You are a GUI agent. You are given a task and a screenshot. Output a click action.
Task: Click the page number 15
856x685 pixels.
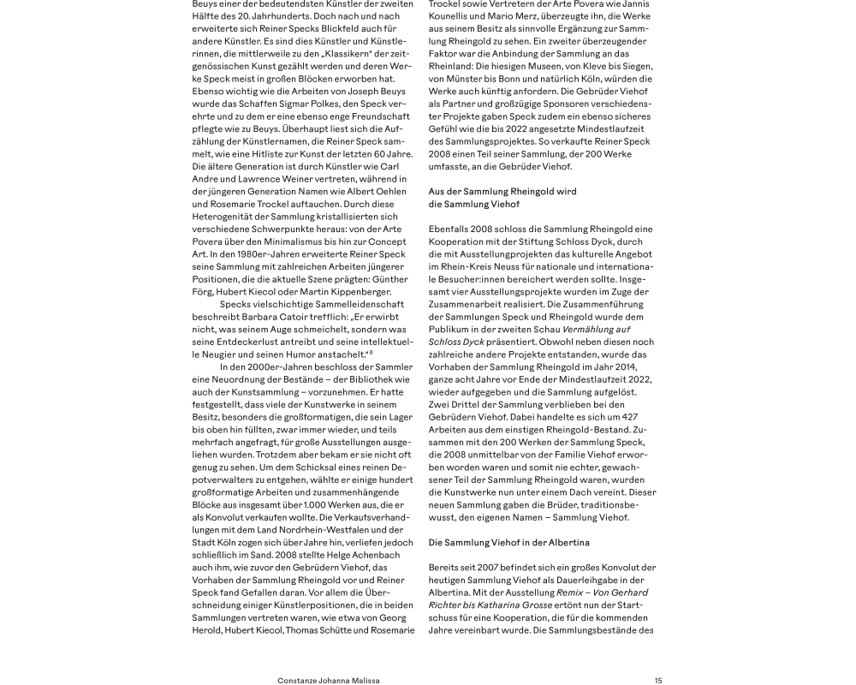click(x=658, y=680)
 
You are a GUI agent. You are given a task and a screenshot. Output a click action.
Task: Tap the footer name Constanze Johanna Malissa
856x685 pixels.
click(x=329, y=680)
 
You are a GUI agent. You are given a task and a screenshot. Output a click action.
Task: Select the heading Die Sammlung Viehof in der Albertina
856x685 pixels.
click(x=508, y=542)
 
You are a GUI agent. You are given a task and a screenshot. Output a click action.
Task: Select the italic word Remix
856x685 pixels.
click(x=568, y=592)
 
